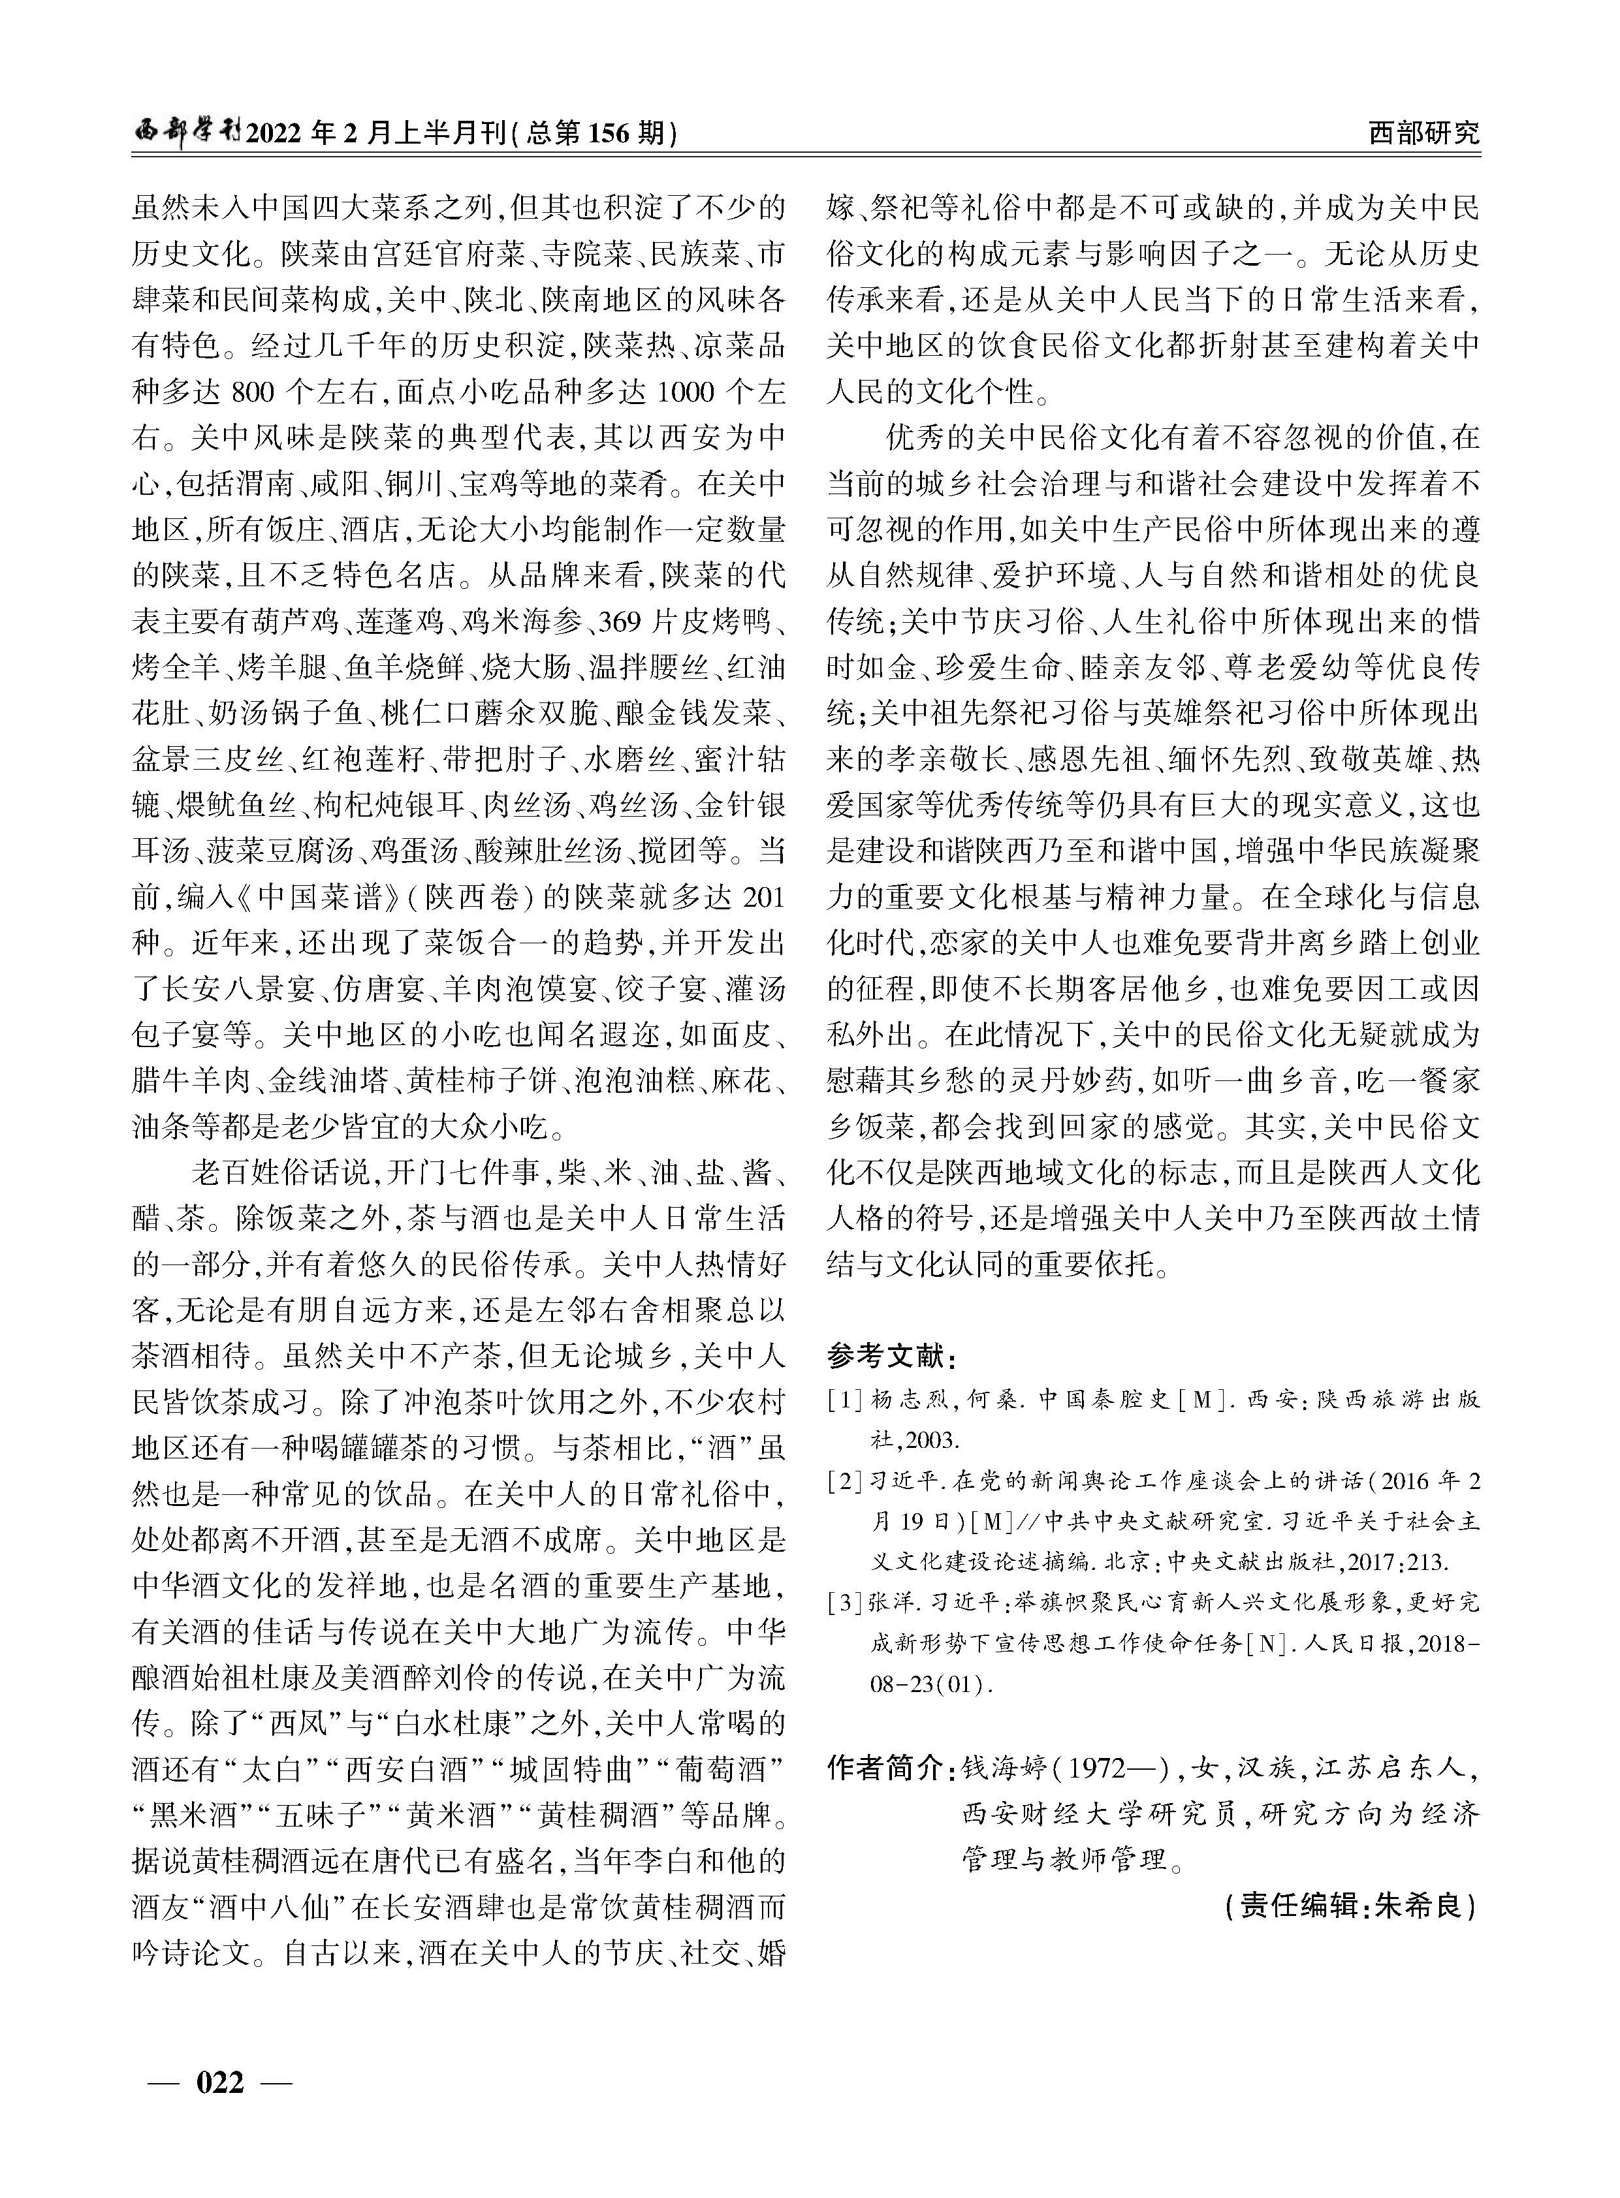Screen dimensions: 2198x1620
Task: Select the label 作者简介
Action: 885,1768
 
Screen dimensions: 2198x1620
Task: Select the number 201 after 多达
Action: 765,896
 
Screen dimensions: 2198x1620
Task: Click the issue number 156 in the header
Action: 614,133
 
